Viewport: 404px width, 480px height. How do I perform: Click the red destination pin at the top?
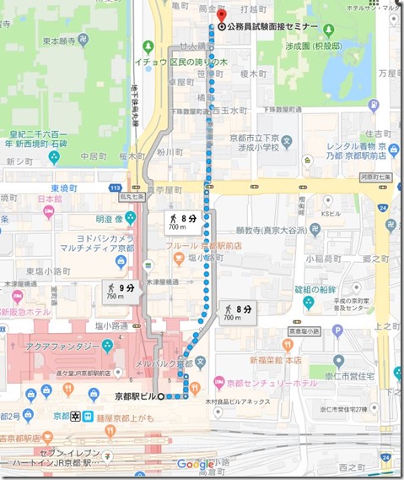tap(222, 16)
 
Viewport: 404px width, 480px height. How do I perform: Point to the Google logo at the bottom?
tap(195, 464)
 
